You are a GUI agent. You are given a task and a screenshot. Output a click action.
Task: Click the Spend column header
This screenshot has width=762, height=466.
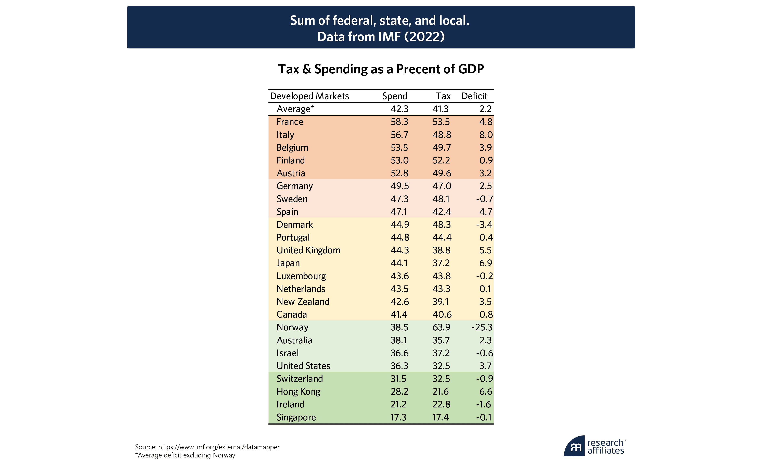coord(395,96)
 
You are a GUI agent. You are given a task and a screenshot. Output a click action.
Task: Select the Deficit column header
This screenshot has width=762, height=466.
coord(474,96)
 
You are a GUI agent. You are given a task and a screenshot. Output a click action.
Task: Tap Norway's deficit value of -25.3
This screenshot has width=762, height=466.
coord(482,327)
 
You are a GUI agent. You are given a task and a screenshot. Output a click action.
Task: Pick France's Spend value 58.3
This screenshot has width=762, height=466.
coord(399,122)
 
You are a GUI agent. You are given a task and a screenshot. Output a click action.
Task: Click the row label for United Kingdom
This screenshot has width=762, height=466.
coord(308,250)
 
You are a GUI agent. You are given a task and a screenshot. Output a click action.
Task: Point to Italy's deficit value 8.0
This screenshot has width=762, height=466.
coord(485,135)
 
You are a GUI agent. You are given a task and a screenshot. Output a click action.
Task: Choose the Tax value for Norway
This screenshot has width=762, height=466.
coord(441,327)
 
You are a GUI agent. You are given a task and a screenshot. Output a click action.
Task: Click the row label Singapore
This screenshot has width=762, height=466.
coord(296,417)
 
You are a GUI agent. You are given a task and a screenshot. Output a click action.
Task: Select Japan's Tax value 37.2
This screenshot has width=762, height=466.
coord(441,263)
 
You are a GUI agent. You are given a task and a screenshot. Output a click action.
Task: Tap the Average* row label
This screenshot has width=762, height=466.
coord(295,109)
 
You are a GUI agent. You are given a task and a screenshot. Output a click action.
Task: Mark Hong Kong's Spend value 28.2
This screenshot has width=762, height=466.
coord(399,392)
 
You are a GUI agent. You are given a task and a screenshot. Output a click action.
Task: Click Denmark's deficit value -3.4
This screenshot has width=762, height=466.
coord(484,225)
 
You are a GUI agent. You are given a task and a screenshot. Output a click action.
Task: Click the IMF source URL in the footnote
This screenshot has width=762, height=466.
coord(219,447)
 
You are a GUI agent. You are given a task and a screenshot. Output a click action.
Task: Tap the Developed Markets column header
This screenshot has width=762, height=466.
coord(309,96)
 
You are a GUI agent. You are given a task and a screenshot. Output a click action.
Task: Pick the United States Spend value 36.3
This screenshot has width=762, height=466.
coord(399,366)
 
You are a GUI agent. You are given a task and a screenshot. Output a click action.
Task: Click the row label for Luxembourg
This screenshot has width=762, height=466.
coord(301,276)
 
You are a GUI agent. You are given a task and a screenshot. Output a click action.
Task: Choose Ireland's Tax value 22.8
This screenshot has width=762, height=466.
coord(441,404)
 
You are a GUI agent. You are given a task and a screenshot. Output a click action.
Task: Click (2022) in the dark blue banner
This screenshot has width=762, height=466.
coord(424,37)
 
